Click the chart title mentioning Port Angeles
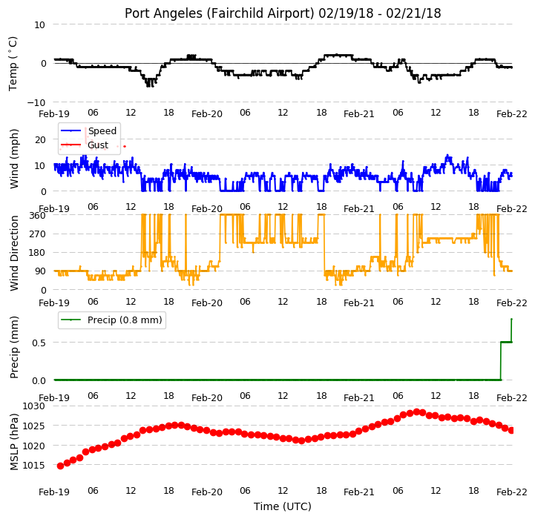coord(283,13)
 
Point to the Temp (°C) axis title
coord(13,64)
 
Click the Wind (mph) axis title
coord(14,159)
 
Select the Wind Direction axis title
coord(14,253)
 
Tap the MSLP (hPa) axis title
coord(14,442)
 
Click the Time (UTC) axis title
coord(283,506)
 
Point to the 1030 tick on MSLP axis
coord(34,406)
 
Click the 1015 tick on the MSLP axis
coord(34,465)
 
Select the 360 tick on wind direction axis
coord(38,216)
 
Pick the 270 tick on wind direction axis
coord(38,234)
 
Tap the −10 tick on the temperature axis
coord(36,102)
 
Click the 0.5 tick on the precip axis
coord(39,343)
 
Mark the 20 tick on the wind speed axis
coord(40,139)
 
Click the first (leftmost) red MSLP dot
coord(60,466)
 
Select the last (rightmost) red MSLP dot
coord(511,430)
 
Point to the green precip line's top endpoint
coord(511,319)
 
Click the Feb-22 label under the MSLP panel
coord(512,492)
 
